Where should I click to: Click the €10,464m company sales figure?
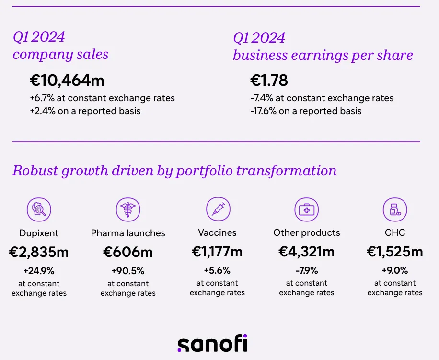(67, 81)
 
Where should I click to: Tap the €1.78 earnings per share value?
(269, 81)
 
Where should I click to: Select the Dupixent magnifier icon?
(39, 209)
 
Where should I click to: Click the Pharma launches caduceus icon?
(128, 209)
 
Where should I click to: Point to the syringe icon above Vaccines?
(218, 209)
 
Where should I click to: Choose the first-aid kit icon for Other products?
(306, 209)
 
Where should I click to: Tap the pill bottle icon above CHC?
(395, 209)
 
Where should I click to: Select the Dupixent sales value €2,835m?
(39, 252)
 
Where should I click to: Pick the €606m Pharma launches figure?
(128, 252)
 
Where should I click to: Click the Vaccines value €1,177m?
(217, 252)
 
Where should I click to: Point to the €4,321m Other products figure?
(307, 252)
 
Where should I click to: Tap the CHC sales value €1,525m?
(395, 252)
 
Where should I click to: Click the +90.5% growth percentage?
(128, 271)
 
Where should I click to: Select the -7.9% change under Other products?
(307, 271)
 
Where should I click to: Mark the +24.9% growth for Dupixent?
(39, 271)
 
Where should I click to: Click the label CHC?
(395, 233)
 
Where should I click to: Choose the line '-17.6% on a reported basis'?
(306, 111)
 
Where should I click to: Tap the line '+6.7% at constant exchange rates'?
(102, 98)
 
